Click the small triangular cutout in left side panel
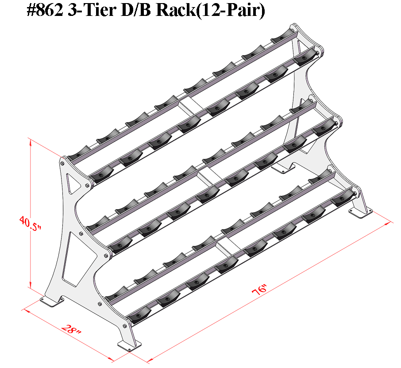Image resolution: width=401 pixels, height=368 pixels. (x=72, y=182)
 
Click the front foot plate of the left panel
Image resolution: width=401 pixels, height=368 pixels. (x=128, y=345)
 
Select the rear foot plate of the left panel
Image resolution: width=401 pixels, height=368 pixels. (x=51, y=300)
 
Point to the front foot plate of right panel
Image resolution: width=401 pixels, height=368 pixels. (x=362, y=213)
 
